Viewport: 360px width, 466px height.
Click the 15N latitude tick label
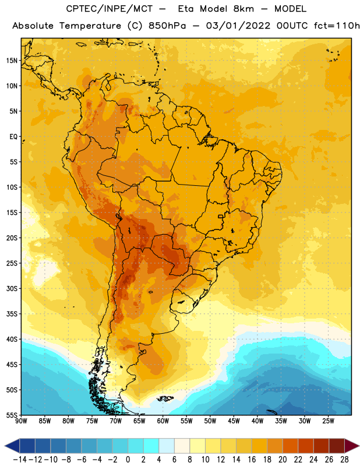[12, 61]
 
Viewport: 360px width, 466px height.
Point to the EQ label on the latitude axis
[13, 137]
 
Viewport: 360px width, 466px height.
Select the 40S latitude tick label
[12, 339]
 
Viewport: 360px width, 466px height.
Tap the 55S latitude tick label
[12, 415]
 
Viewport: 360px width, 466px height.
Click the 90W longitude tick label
[21, 421]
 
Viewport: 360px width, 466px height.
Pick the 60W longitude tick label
[163, 421]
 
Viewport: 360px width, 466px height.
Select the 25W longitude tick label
[328, 421]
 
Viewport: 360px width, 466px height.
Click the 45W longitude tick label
[234, 421]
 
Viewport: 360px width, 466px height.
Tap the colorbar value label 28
[344, 460]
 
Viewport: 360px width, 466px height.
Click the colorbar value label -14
[20, 460]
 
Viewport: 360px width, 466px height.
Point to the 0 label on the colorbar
[128, 460]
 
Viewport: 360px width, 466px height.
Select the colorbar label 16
[252, 460]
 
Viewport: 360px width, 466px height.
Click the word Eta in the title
[186, 9]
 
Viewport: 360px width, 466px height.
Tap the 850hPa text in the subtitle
[167, 26]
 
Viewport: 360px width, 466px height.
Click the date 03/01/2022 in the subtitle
[238, 26]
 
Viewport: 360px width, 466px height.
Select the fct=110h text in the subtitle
[337, 26]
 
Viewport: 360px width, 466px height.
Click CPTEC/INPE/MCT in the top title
[110, 9]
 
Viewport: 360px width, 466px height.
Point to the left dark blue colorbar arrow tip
[5, 446]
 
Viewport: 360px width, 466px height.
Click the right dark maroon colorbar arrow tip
[359, 446]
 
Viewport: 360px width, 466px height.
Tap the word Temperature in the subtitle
[90, 26]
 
